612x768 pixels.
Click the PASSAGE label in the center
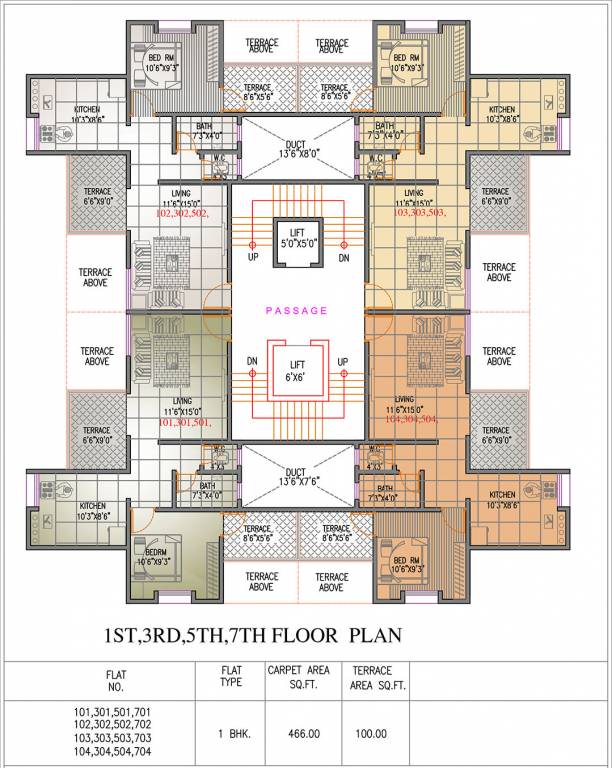[295, 310]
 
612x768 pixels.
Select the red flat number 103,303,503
[419, 214]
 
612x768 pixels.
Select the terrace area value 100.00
[370, 733]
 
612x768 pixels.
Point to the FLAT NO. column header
[115, 681]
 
